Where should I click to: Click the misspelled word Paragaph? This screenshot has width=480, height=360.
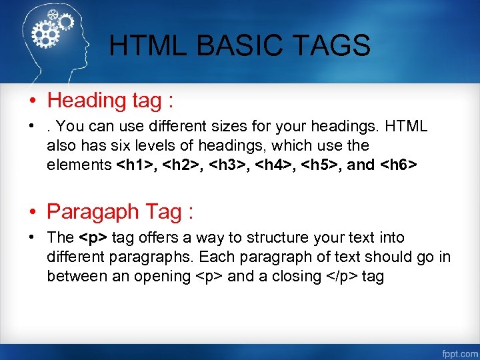pos(93,212)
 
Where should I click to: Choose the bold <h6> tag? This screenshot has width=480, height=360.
pos(398,165)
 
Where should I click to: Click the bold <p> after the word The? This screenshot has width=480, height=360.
pos(93,238)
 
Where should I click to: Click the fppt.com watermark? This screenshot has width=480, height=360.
pos(459,351)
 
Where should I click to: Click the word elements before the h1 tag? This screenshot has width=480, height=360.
pos(79,165)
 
